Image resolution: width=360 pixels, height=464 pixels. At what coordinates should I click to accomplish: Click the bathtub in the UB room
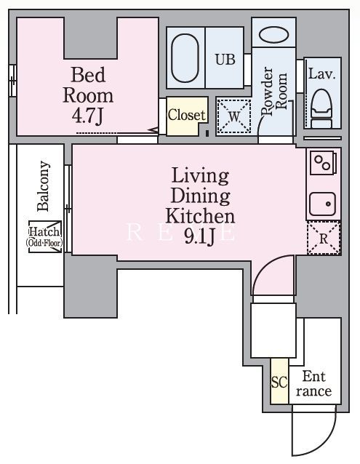click(x=185, y=58)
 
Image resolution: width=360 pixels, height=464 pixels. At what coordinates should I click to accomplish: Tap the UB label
click(x=225, y=60)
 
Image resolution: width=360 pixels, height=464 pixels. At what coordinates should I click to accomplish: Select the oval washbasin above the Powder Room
click(x=274, y=35)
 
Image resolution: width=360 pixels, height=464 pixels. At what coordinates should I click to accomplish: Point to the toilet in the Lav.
click(x=321, y=108)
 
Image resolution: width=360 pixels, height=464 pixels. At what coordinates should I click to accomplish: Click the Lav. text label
click(x=322, y=73)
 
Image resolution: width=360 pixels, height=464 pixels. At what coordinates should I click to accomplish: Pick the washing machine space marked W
click(x=233, y=116)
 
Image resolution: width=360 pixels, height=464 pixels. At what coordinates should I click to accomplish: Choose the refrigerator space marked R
click(x=324, y=239)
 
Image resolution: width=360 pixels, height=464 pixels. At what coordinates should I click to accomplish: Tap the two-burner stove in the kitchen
click(x=323, y=163)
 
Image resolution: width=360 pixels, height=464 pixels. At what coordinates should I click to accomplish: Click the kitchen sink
click(x=322, y=204)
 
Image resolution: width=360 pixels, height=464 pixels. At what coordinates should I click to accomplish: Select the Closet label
click(x=186, y=115)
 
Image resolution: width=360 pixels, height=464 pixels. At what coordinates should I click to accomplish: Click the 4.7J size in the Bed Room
click(x=88, y=116)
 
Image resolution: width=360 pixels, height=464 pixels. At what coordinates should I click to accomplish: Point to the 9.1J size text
click(x=200, y=237)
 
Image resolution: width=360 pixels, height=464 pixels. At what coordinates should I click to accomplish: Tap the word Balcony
click(x=43, y=186)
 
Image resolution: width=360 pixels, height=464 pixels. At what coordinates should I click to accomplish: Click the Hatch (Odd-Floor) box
click(x=45, y=237)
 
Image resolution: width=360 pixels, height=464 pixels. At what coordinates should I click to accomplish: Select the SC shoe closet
click(x=279, y=382)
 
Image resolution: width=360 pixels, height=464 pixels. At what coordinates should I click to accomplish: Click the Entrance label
click(x=314, y=384)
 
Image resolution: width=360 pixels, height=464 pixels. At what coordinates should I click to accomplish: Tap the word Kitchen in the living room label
click(x=200, y=216)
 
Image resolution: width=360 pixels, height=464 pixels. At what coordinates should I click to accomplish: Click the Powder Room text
click(x=274, y=91)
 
